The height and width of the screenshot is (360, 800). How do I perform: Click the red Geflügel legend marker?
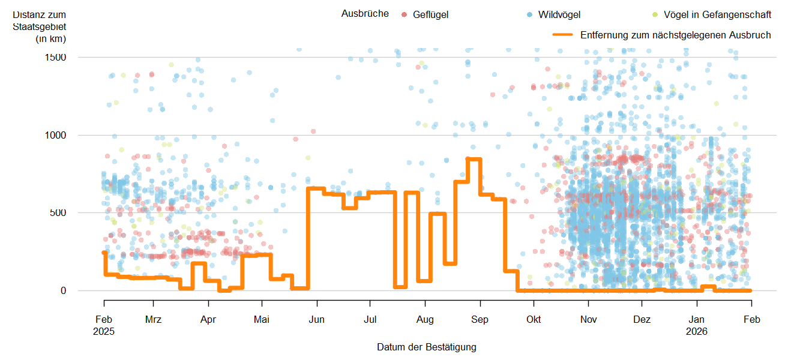pyautogui.click(x=405, y=14)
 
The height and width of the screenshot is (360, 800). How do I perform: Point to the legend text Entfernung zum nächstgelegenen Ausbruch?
pyautogui.click(x=675, y=35)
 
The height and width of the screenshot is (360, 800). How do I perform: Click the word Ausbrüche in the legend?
pyautogui.click(x=364, y=14)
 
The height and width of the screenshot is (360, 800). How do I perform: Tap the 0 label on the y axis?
pyautogui.click(x=63, y=290)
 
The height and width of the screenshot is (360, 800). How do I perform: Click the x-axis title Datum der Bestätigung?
pyautogui.click(x=426, y=347)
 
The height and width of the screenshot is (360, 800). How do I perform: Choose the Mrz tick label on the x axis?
pyautogui.click(x=153, y=319)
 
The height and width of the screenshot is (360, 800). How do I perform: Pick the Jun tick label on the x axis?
pyautogui.click(x=316, y=319)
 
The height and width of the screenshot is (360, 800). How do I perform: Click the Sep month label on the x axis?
pyautogui.click(x=480, y=319)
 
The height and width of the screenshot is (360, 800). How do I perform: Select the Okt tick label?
pyautogui.click(x=533, y=319)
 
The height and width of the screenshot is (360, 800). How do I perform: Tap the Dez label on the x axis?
pyautogui.click(x=642, y=319)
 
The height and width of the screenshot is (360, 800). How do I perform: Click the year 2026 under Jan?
pyautogui.click(x=697, y=331)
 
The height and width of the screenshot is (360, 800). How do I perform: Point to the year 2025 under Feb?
pyautogui.click(x=104, y=331)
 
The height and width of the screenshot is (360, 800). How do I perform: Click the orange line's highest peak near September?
pyautogui.click(x=474, y=159)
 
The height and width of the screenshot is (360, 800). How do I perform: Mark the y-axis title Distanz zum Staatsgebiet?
pyautogui.click(x=40, y=26)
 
